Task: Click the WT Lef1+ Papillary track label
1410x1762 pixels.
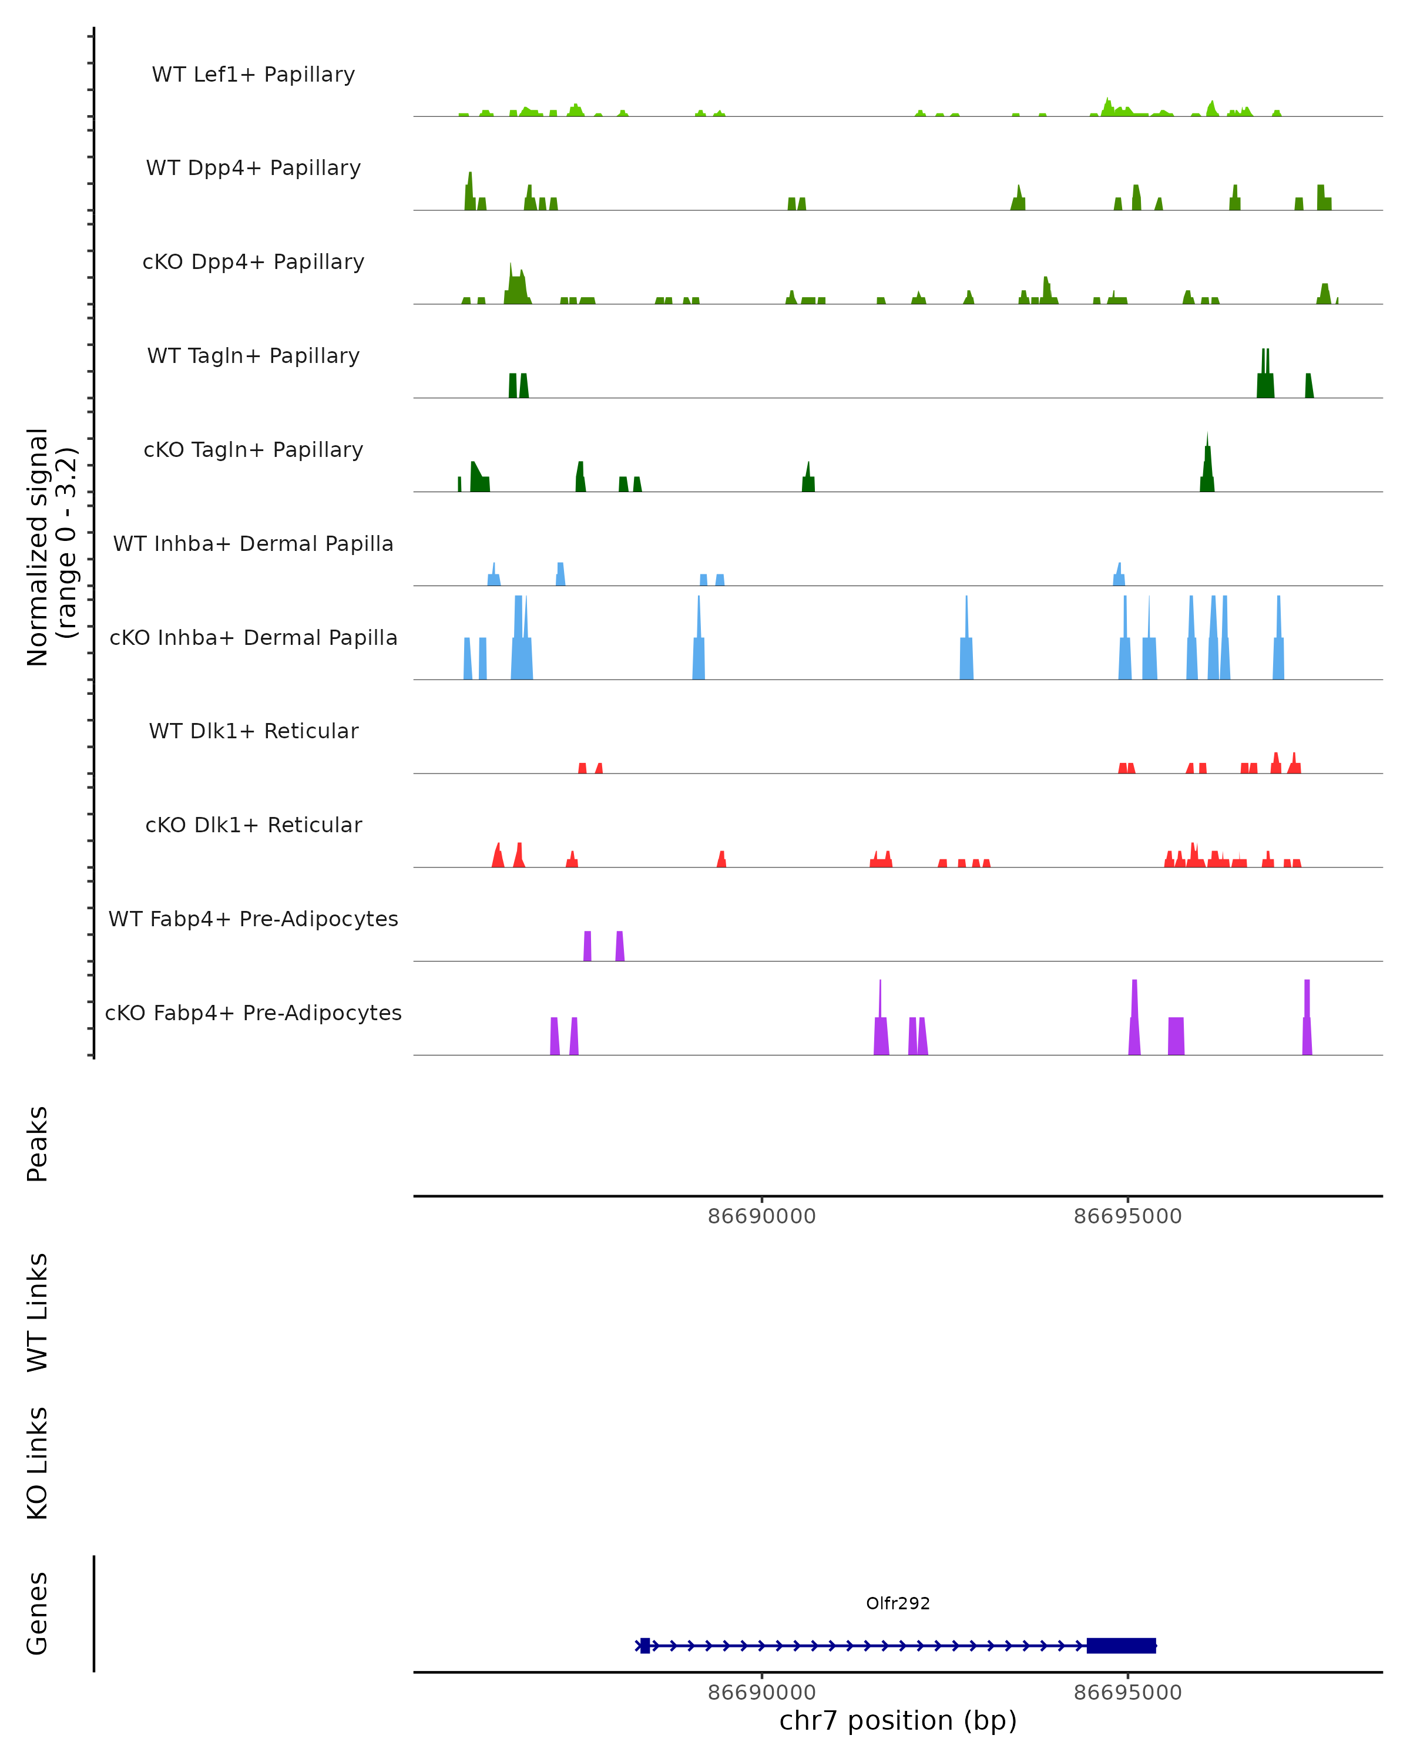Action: (x=253, y=75)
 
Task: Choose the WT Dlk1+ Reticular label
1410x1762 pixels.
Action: (x=253, y=731)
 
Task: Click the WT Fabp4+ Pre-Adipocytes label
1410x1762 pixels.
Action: (x=253, y=919)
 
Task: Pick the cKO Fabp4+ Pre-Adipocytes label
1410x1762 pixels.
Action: (x=253, y=1013)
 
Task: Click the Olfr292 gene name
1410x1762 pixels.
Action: (x=898, y=1603)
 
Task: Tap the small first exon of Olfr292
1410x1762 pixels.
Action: (x=645, y=1645)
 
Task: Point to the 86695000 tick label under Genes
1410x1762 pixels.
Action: (x=1127, y=1693)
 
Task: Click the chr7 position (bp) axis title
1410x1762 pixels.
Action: (x=898, y=1720)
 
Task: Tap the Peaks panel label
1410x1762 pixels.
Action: (x=38, y=1144)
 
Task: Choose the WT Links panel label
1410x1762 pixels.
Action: (x=38, y=1313)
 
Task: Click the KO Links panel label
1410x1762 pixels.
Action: (x=38, y=1463)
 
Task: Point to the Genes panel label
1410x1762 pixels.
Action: (x=38, y=1613)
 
